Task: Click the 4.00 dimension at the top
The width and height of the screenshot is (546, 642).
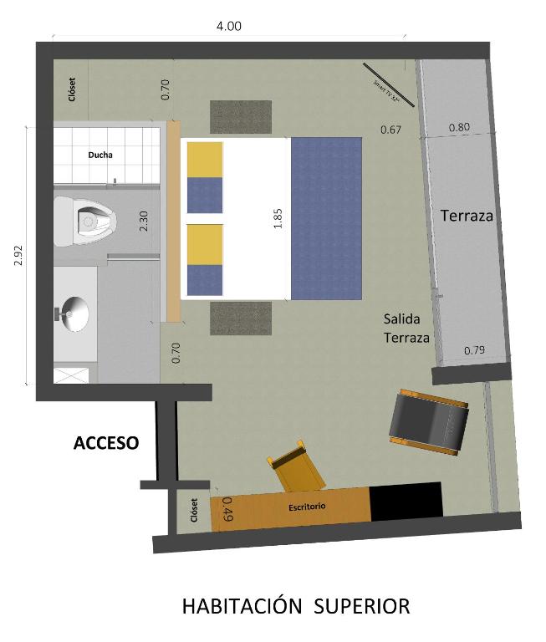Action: [228, 26]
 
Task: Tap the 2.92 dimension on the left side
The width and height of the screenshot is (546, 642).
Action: [18, 255]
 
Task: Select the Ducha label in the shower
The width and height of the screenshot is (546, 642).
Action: [100, 155]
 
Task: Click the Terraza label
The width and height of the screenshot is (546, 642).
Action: [467, 216]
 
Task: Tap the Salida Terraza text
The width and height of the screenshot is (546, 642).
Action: [406, 329]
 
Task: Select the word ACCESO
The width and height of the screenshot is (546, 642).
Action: [105, 443]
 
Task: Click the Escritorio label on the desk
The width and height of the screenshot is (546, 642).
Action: [307, 507]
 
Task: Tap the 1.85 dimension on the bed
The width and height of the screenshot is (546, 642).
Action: [278, 218]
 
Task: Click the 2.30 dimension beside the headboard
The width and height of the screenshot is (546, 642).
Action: [143, 221]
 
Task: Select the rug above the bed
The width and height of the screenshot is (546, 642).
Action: [241, 117]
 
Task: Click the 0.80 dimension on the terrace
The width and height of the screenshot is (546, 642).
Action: [459, 127]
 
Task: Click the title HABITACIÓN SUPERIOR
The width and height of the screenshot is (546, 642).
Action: [296, 606]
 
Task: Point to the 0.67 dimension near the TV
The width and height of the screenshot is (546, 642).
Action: [391, 130]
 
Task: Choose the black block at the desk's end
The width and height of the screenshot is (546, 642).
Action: [406, 501]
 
